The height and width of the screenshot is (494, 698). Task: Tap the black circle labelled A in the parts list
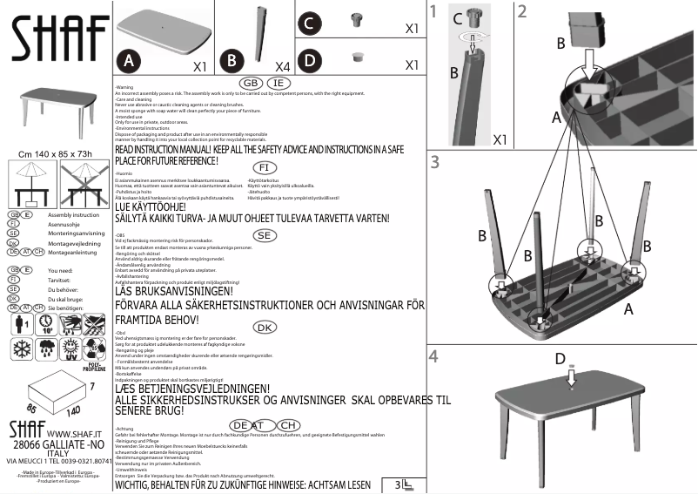pyautogui.click(x=129, y=60)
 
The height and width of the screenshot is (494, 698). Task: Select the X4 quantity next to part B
pyautogui.click(x=282, y=66)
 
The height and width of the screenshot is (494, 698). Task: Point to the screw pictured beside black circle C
pyautogui.click(x=355, y=21)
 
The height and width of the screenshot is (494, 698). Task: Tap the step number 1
pyautogui.click(x=433, y=11)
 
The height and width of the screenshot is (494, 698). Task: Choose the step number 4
pyautogui.click(x=433, y=356)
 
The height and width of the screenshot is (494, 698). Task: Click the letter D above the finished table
pyautogui.click(x=560, y=359)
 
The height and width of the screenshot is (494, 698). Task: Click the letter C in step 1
pyautogui.click(x=458, y=15)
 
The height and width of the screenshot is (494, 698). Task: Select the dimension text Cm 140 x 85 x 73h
pyautogui.click(x=55, y=153)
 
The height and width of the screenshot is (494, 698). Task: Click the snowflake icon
pyautogui.click(x=22, y=349)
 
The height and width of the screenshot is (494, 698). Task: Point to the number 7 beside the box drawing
pyautogui.click(x=91, y=385)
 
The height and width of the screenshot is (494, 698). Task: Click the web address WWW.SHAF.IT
pyautogui.click(x=73, y=433)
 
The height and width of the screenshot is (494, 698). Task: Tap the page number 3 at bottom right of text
pyautogui.click(x=398, y=484)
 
